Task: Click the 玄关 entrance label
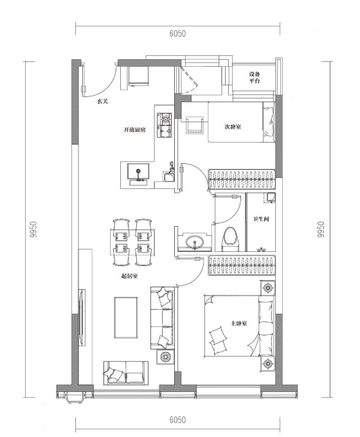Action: (x=102, y=102)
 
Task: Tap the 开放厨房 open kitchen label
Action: (x=135, y=130)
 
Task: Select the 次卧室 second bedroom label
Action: (x=233, y=127)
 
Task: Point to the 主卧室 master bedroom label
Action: (x=239, y=323)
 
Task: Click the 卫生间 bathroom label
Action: (x=261, y=219)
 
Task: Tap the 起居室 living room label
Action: (x=129, y=276)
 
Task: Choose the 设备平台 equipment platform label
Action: (x=255, y=78)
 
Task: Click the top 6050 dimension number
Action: (x=177, y=33)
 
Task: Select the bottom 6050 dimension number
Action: (x=177, y=420)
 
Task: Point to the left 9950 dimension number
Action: (x=33, y=229)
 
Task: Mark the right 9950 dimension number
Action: (x=321, y=229)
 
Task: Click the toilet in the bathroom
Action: (x=230, y=239)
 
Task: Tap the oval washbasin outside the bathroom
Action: (x=194, y=242)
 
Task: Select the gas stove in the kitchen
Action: (x=164, y=125)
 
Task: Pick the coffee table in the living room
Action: (x=126, y=317)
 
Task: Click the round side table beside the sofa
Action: (x=165, y=357)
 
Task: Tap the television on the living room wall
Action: (x=82, y=317)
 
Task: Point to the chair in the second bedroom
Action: (x=194, y=125)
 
